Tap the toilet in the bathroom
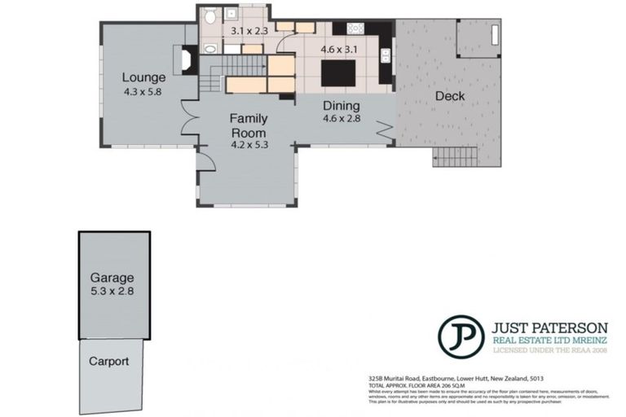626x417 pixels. [210, 17]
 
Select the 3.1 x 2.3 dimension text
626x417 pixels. [249, 31]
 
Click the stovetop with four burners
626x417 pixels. [355, 28]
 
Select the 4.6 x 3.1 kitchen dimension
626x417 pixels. [339, 50]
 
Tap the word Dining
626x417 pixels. [341, 106]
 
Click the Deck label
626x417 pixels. [449, 96]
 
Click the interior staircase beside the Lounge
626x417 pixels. [212, 80]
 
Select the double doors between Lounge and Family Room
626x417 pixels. [189, 122]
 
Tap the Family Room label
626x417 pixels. [249, 125]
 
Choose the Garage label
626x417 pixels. [112, 277]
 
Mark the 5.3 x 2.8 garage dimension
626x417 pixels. [112, 290]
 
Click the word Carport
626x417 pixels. [110, 361]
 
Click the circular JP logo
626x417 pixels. [461, 336]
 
